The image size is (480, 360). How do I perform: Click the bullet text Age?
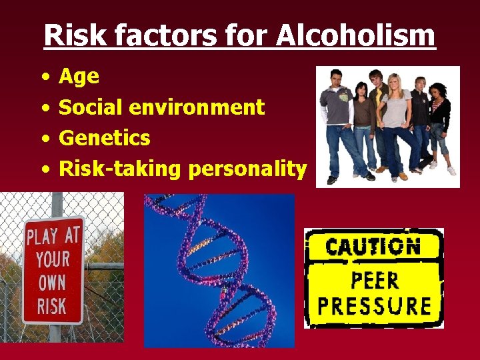[x=79, y=77]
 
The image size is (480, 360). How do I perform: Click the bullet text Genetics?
[x=105, y=138]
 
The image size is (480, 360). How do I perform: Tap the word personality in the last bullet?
[x=247, y=169]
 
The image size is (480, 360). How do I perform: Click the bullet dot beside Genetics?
[x=44, y=139]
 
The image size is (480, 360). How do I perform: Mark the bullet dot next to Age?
[x=44, y=77]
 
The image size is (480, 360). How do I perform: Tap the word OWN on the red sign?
[x=51, y=283]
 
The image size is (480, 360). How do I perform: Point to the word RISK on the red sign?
[x=51, y=305]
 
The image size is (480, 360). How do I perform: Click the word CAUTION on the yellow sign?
[x=373, y=247]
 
